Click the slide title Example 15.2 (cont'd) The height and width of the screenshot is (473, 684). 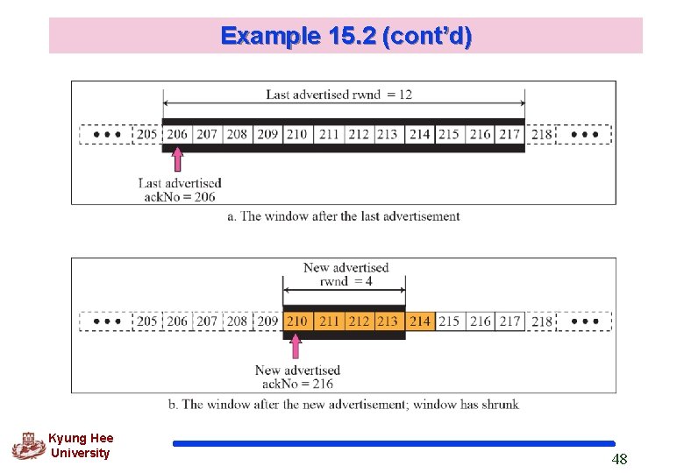point(346,36)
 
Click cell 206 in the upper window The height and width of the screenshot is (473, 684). point(177,134)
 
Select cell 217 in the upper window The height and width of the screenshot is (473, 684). point(509,134)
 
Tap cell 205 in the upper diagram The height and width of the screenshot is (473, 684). point(146,134)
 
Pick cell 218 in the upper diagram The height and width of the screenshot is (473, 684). point(542,134)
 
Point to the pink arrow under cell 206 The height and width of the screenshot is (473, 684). point(177,159)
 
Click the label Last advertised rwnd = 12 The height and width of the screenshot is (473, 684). point(338,94)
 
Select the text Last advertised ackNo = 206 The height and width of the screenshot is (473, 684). point(180,189)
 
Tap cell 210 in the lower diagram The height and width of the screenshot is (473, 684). point(297,321)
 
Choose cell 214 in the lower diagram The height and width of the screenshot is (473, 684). point(420,321)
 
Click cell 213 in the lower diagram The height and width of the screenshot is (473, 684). point(388,321)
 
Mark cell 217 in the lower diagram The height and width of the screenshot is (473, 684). point(509,321)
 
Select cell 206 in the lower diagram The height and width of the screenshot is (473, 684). point(177,321)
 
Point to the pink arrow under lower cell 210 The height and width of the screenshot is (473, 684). point(295,345)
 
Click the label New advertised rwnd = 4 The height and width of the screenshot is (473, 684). point(346,273)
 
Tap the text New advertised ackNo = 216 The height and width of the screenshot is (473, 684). point(297,377)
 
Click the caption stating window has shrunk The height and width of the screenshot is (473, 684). point(343,404)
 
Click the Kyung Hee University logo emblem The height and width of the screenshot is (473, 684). point(28,445)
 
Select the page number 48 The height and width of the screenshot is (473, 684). point(619,459)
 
